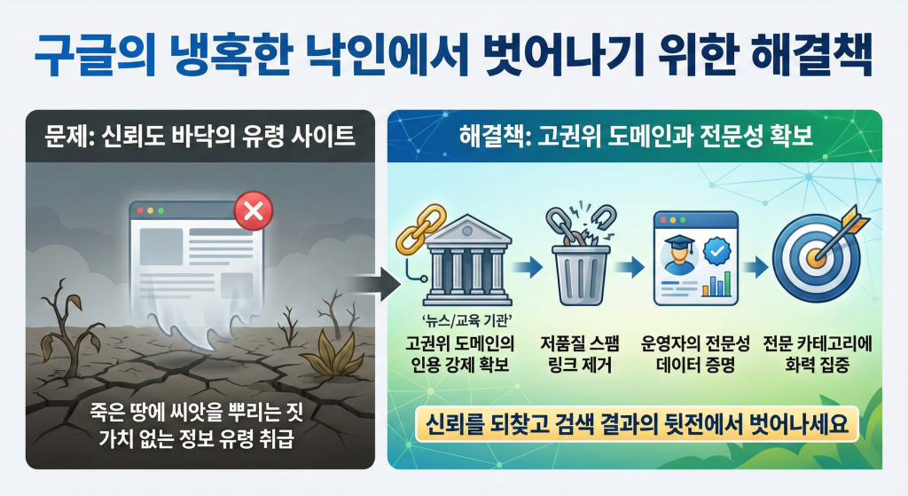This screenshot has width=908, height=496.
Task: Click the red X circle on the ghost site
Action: [x=252, y=211]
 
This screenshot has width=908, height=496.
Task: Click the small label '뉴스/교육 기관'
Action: [x=467, y=321]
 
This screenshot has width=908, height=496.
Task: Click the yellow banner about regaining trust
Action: [x=634, y=424]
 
